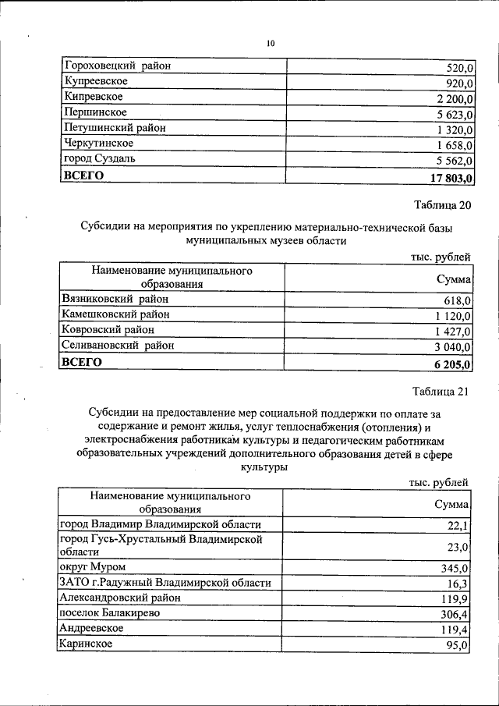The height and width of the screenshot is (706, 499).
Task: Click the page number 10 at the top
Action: (x=271, y=44)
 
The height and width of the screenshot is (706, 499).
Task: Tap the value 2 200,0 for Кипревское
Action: (x=451, y=98)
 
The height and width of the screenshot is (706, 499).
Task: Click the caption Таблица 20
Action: (x=441, y=205)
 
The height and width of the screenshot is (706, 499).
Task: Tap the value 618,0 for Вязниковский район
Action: (x=457, y=300)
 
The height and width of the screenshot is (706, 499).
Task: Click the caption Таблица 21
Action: (x=441, y=392)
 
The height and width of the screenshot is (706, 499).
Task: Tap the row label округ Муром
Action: (x=92, y=567)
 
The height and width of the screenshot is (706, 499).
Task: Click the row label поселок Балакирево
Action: (x=110, y=613)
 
